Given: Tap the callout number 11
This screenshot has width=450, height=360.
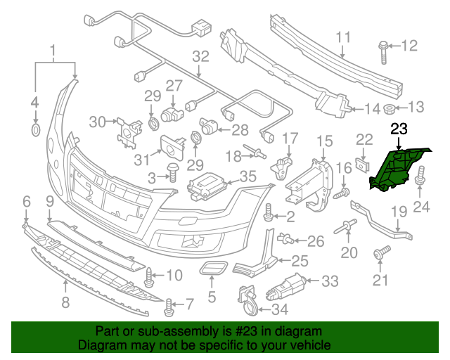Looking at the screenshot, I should (342, 37).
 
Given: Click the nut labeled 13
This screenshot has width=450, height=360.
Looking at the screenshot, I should (389, 108).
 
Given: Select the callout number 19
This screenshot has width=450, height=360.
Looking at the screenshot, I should (399, 211).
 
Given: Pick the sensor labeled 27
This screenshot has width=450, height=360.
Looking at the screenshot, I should (170, 115).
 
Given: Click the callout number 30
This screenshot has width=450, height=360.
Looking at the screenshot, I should (97, 122).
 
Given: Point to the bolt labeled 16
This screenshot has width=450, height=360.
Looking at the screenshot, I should (344, 190).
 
